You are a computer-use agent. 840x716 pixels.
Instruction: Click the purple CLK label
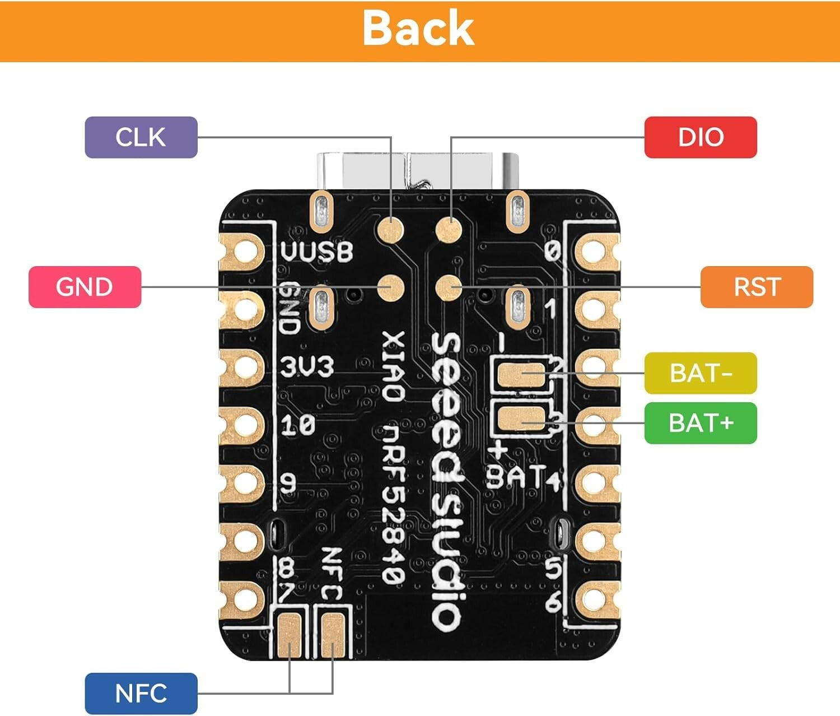point(141,137)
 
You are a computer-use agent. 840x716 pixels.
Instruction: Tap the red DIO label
point(701,137)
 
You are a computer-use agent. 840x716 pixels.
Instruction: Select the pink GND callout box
point(85,287)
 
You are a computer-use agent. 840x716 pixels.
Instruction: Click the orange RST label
point(757,287)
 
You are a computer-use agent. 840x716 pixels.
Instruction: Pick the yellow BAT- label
point(701,373)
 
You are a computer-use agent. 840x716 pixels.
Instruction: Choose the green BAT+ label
point(701,423)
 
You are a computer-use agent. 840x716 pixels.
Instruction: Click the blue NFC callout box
point(141,694)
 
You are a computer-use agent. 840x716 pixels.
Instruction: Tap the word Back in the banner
point(418,29)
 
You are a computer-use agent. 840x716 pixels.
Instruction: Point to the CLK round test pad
point(390,230)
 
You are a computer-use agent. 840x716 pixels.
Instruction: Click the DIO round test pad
point(450,230)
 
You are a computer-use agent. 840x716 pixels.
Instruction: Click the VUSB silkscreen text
point(317,252)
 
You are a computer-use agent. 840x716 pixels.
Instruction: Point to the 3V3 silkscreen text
point(307,368)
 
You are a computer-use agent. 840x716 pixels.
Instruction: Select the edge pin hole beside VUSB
point(243,252)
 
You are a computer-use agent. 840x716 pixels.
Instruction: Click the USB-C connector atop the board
point(418,171)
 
